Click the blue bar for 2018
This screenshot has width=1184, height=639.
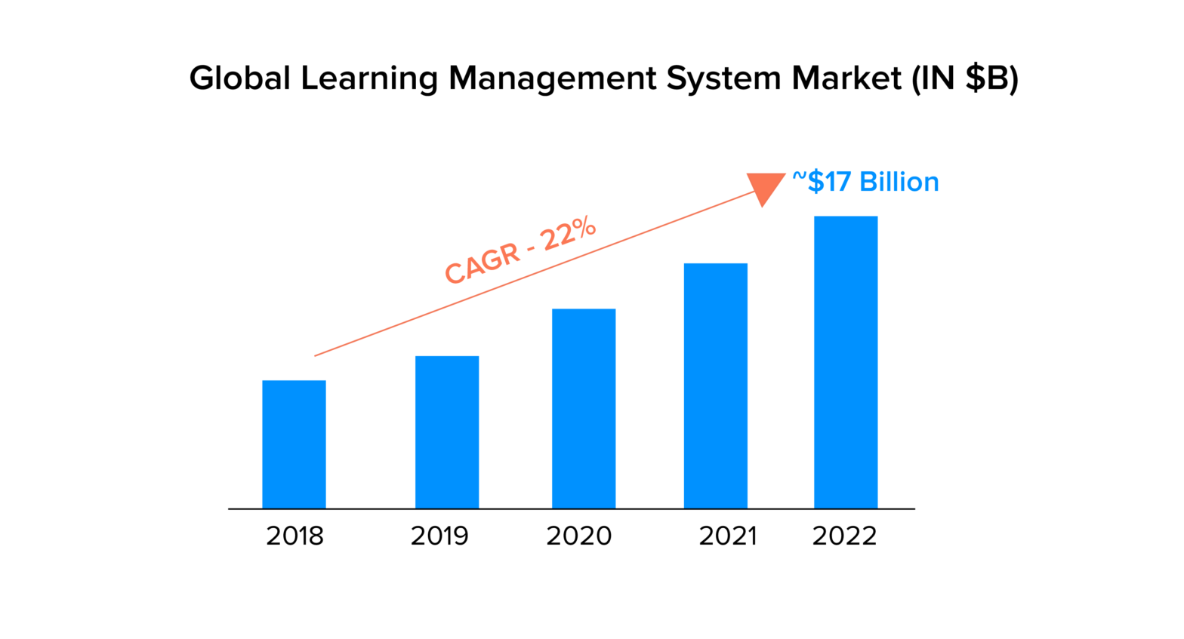click(294, 444)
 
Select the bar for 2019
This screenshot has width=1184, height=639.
click(447, 432)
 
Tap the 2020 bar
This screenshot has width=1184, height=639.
click(584, 409)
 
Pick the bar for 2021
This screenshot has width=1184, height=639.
click(716, 386)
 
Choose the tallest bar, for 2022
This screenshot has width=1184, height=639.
click(846, 362)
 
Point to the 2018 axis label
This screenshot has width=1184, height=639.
click(294, 536)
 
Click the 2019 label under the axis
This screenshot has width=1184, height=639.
click(439, 536)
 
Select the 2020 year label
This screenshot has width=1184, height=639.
click(579, 536)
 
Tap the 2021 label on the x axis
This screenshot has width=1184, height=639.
click(728, 536)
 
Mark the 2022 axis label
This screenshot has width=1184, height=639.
click(844, 536)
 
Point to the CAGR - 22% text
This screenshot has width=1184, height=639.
click(520, 250)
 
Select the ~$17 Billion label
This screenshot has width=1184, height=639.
click(865, 182)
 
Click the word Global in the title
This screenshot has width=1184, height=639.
click(239, 78)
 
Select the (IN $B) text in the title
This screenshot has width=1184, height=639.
click(965, 78)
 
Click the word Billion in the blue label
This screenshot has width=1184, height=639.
click(899, 182)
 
